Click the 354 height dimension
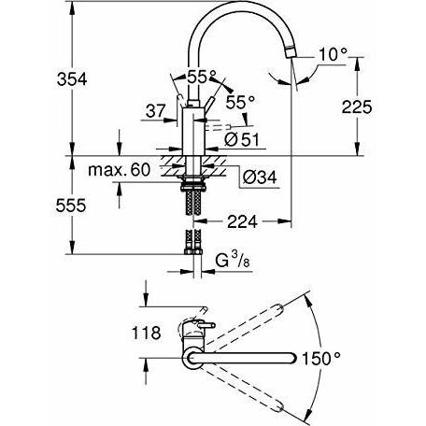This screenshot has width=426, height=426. pyautogui.click(x=72, y=79)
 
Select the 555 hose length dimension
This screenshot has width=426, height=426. pyautogui.click(x=71, y=206)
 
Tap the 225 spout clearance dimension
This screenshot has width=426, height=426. pyautogui.click(x=357, y=107)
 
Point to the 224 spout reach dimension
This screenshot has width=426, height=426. pyautogui.click(x=242, y=221)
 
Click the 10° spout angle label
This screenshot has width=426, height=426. pyautogui.click(x=333, y=55)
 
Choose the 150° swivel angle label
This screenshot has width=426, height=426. pyautogui.click(x=321, y=358)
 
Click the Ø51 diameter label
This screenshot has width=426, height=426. pyautogui.click(x=242, y=140)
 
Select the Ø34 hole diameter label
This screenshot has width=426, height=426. pyautogui.click(x=260, y=177)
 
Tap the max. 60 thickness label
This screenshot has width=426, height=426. pyautogui.click(x=120, y=170)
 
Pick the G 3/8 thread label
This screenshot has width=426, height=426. pyautogui.click(x=233, y=261)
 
